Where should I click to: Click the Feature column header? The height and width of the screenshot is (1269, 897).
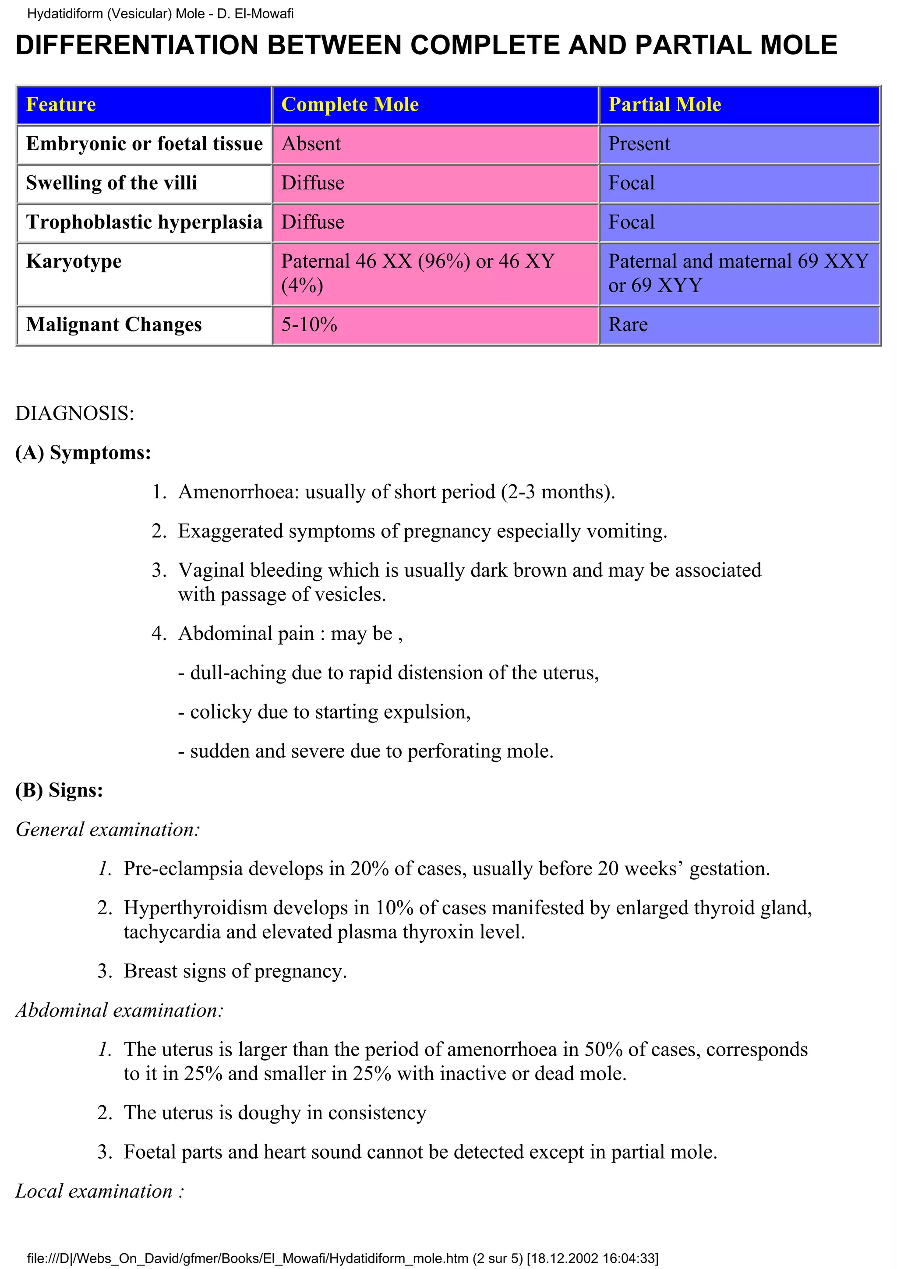[x=61, y=105]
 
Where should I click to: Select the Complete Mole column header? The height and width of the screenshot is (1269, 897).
[x=350, y=105]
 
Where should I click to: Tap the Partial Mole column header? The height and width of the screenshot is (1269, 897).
[x=664, y=105]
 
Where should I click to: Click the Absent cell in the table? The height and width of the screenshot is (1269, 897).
[x=311, y=144]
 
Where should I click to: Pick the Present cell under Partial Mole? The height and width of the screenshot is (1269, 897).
[x=639, y=144]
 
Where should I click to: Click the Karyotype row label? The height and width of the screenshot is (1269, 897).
[x=74, y=261]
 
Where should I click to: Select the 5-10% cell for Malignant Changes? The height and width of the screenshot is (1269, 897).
[x=309, y=324]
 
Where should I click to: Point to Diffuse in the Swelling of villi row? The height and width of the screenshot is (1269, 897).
[x=313, y=183]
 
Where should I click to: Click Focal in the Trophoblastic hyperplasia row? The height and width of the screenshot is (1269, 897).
[x=631, y=222]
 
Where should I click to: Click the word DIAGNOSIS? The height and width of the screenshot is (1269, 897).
[x=74, y=413]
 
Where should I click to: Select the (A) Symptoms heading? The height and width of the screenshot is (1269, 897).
[x=83, y=453]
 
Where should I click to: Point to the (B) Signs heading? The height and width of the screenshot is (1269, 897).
[x=59, y=790]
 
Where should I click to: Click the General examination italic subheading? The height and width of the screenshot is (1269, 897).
[x=107, y=829]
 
